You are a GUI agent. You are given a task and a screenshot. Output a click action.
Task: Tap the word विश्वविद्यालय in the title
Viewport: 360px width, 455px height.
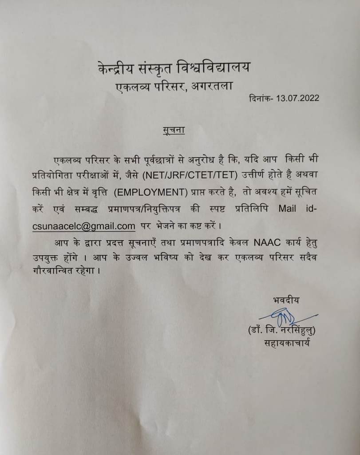coord(214,68)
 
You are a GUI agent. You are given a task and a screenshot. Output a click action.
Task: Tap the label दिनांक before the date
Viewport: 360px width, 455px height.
coord(260,98)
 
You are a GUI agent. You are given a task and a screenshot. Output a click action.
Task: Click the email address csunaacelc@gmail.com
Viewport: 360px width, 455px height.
coord(84,226)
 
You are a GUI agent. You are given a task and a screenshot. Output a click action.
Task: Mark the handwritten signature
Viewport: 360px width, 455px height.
coord(285,318)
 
